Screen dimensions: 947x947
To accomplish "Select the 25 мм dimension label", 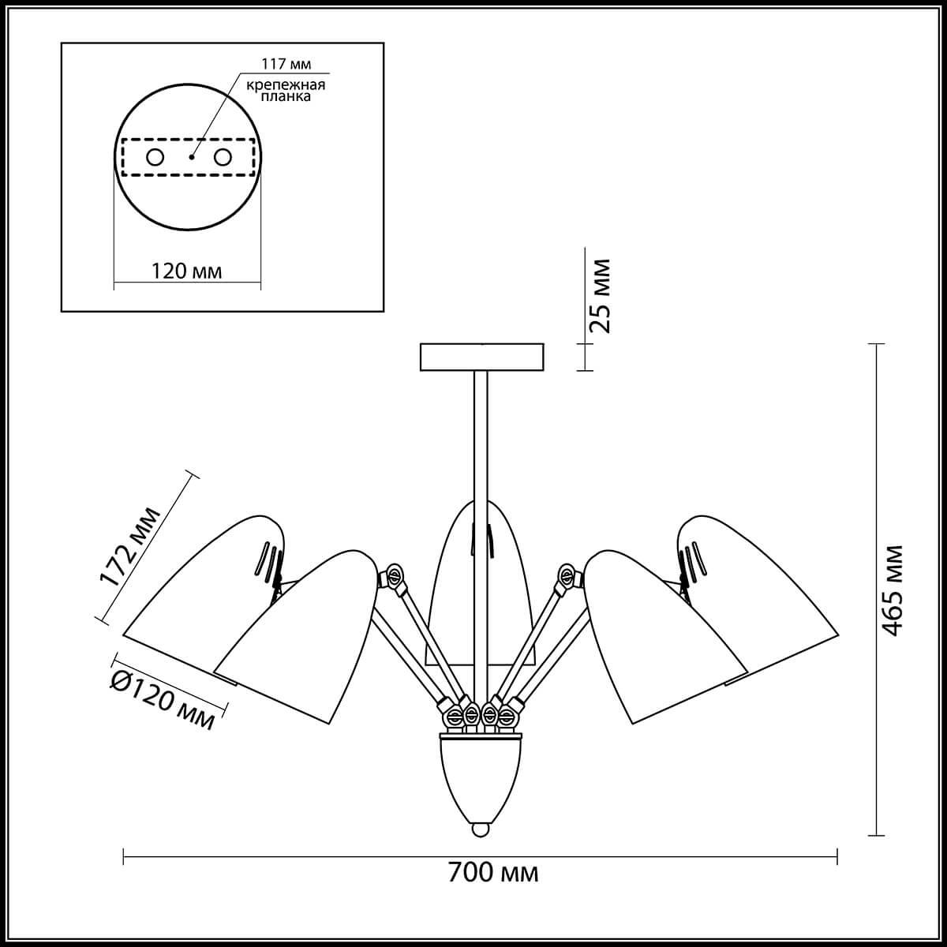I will [599, 295].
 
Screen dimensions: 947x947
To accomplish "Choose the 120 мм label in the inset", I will [187, 271].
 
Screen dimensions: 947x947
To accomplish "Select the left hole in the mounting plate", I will [155, 157].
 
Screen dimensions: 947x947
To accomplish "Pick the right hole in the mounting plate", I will [224, 157].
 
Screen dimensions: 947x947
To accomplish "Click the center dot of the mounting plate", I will [191, 158].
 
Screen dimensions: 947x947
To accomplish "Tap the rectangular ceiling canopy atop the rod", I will [482, 357].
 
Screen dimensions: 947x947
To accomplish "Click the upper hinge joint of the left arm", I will [391, 577].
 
